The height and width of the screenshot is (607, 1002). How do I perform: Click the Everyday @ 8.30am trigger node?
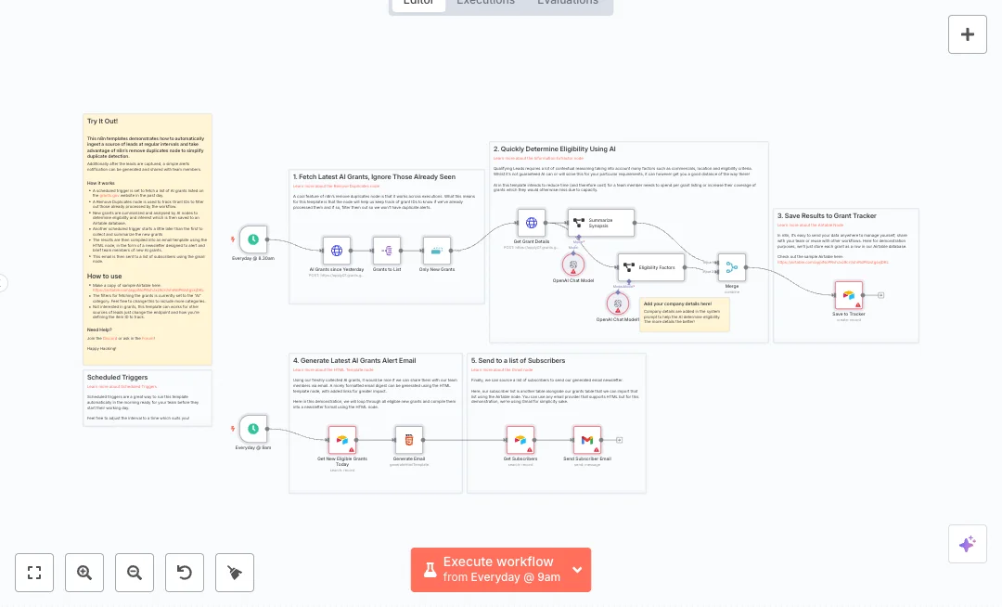[x=253, y=239]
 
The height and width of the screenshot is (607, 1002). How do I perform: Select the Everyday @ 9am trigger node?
[x=253, y=429]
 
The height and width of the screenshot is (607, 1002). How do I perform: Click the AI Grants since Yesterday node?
[x=337, y=251]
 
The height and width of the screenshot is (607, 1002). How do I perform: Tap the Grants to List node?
[x=387, y=251]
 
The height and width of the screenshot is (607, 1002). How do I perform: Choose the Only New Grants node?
[x=437, y=251]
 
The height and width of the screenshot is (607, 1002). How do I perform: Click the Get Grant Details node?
[x=532, y=223]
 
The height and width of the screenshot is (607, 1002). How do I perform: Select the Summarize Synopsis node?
[x=601, y=223]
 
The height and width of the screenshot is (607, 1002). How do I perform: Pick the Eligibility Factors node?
[x=651, y=267]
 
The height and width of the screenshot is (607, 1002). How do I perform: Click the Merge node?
[x=732, y=268]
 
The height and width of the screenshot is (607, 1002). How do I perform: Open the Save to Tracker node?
[x=848, y=295]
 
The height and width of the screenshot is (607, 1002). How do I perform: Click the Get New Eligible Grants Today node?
[x=341, y=440]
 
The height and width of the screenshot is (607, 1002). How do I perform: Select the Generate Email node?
[x=409, y=440]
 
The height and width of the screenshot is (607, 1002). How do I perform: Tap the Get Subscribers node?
[x=520, y=440]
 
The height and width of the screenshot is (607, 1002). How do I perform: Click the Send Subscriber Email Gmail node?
[x=587, y=440]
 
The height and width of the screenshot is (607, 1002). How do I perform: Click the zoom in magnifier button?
[x=84, y=573]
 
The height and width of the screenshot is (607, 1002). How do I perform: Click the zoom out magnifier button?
[x=135, y=573]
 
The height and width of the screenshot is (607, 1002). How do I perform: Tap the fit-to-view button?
[x=34, y=573]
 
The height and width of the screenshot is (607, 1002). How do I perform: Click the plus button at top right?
[x=968, y=34]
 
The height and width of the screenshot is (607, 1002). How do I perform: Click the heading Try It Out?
[x=102, y=122]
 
